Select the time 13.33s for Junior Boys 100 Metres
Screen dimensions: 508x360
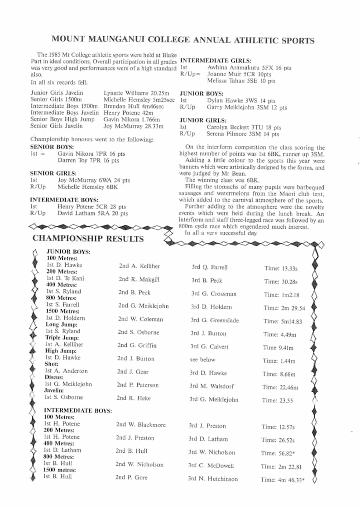click(x=287, y=268)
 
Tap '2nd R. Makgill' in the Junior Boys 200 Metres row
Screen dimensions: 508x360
click(x=139, y=279)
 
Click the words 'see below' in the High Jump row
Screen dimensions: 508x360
click(x=202, y=359)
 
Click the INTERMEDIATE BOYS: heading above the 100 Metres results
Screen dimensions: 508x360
click(x=77, y=411)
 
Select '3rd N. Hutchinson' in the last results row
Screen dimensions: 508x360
click(x=213, y=479)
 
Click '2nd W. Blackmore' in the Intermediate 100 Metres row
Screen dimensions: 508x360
click(x=141, y=425)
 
